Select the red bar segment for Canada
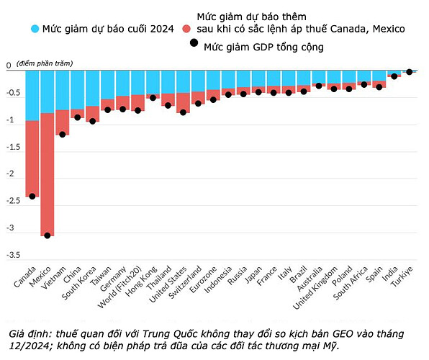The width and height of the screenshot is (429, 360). (32, 158)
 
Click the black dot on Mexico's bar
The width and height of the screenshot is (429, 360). (47, 235)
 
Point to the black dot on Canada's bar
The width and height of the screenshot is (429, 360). (32, 196)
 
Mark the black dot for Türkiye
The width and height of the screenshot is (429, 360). (410, 72)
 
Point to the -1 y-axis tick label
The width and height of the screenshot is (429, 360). (12, 120)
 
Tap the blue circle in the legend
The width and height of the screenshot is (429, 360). (35, 30)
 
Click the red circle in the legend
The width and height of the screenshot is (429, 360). (186, 29)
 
